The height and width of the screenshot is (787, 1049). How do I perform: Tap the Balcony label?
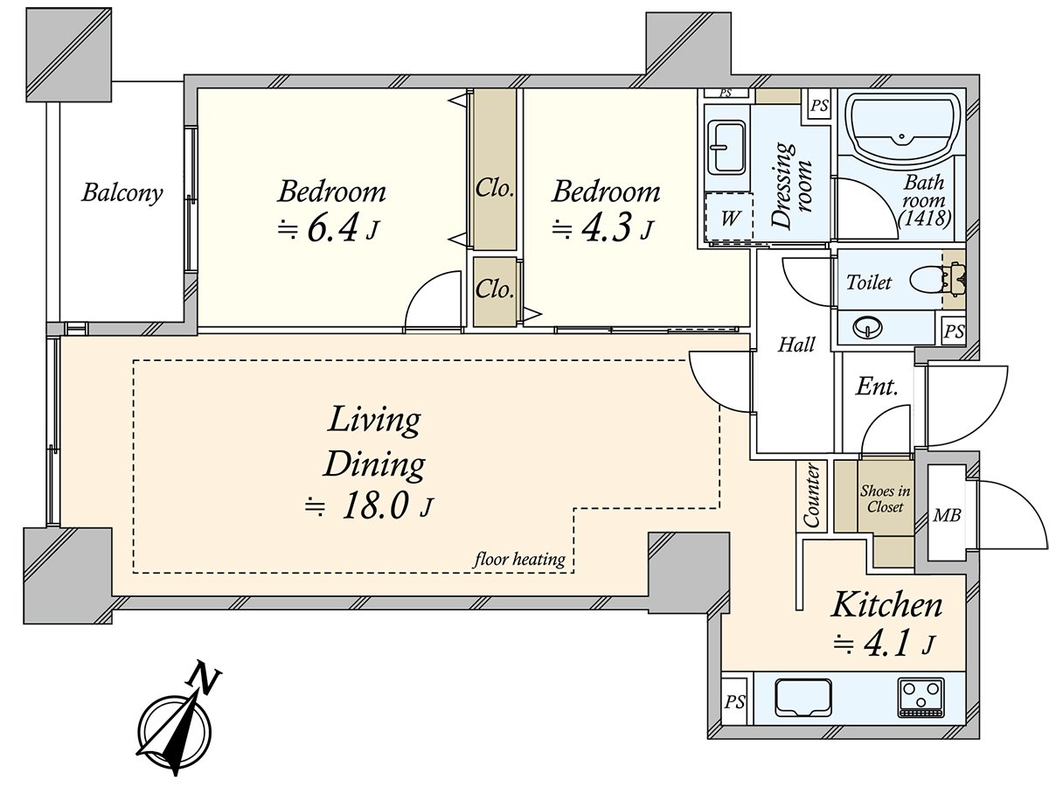coord(122,193)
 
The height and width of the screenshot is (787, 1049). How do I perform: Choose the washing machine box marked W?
coord(729,218)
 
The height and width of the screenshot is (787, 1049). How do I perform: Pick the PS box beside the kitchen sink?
coord(734,702)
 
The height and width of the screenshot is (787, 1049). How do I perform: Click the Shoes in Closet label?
coord(885,498)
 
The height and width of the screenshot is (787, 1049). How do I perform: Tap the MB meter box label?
coord(947,515)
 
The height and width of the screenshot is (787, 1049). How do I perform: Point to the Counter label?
coord(811,496)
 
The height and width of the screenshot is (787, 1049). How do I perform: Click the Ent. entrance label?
coord(877,387)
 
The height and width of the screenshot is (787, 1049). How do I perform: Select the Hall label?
coord(796,344)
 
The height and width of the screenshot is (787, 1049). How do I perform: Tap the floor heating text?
coord(519,559)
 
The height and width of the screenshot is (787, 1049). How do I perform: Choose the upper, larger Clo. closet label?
coord(495,189)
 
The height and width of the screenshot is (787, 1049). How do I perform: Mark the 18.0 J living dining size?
coord(369,506)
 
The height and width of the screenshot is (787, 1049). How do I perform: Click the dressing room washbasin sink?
coord(727,148)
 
